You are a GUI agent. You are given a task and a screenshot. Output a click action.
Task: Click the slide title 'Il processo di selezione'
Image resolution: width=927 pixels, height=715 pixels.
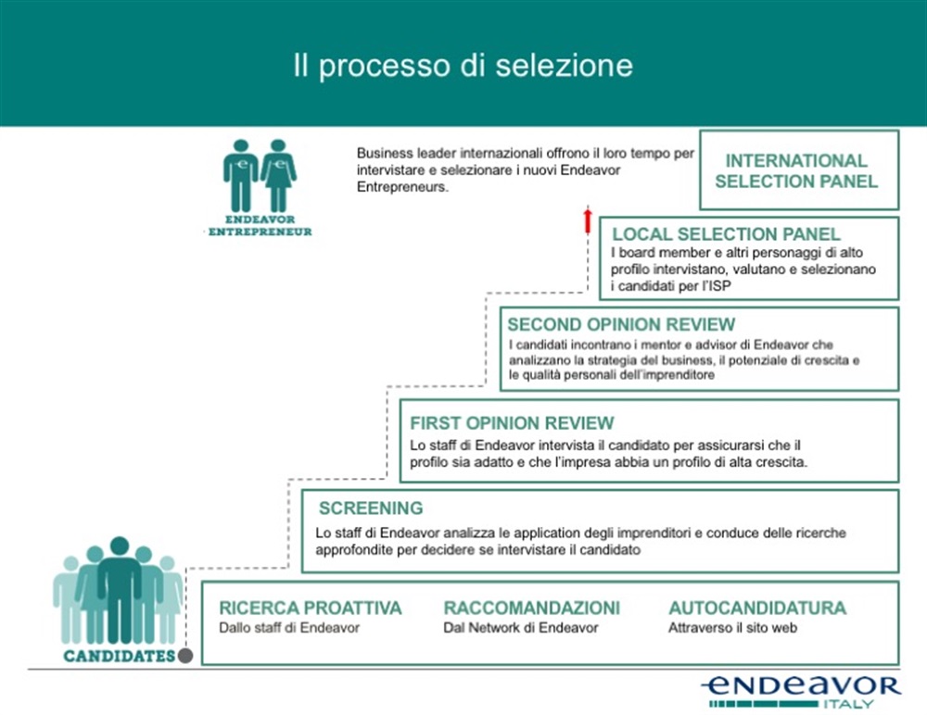463,66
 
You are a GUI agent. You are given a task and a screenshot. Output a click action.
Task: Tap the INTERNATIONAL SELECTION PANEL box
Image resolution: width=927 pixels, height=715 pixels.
797,170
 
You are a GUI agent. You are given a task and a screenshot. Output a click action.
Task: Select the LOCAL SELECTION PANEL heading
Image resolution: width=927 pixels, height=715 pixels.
726,234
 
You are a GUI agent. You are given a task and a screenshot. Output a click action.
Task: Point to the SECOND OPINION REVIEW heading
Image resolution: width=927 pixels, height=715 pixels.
621,325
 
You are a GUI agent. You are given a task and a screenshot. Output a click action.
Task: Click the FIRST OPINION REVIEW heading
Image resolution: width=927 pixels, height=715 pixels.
512,423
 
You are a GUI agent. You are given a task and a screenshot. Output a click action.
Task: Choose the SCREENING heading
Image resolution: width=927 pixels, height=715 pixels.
371,508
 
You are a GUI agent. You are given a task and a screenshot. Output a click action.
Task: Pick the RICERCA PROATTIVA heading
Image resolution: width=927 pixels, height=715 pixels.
311,608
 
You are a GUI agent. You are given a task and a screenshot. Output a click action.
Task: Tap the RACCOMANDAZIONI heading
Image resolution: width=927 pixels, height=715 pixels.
532,608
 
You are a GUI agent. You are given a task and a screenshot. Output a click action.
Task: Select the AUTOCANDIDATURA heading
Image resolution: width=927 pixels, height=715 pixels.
757,608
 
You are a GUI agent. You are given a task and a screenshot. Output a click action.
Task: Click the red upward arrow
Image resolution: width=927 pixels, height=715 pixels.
587,221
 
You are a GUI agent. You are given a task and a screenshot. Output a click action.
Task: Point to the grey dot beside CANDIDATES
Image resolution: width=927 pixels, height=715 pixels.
185,656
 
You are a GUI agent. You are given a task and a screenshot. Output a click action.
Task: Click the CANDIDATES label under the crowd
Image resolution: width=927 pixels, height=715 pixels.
119,657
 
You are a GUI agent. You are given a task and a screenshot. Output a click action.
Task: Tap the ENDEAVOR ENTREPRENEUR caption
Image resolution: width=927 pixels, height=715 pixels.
260,226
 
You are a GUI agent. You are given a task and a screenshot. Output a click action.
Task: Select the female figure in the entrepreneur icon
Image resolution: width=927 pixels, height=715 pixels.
278,175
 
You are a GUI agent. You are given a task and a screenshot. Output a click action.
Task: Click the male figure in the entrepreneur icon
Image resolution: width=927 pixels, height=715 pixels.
241,175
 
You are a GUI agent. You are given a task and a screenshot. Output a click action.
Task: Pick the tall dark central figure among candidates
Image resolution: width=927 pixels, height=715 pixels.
120,588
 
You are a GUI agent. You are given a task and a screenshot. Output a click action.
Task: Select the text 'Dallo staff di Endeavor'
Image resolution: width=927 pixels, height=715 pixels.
288,628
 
